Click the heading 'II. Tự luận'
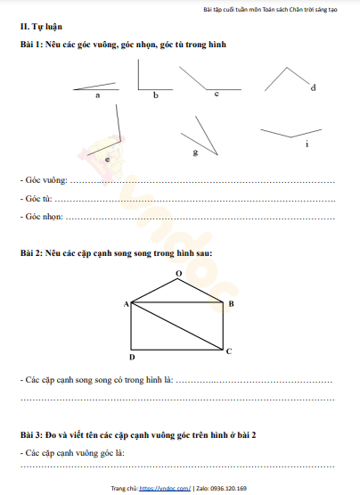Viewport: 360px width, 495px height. coord(41,28)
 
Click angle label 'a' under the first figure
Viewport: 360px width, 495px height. coord(97,94)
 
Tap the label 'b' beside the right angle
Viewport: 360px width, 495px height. coord(156,94)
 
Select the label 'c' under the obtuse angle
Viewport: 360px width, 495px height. coord(217,94)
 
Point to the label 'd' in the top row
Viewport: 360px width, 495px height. coord(313,87)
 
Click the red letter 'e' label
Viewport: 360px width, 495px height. coord(108,158)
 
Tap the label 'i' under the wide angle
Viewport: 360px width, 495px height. coord(307,144)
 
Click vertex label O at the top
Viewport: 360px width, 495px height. coord(178,274)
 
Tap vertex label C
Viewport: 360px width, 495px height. coord(229,351)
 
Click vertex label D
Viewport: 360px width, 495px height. coord(131,358)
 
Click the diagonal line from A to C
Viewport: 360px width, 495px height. coord(178,326)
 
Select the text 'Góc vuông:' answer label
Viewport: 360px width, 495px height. coord(44,180)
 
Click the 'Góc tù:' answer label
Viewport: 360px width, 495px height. coord(37,198)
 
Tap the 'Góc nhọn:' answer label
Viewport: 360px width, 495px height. coord(42,216)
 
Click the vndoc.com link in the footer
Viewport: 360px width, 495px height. coord(167,489)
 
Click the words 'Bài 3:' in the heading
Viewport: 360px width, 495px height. coord(33,433)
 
